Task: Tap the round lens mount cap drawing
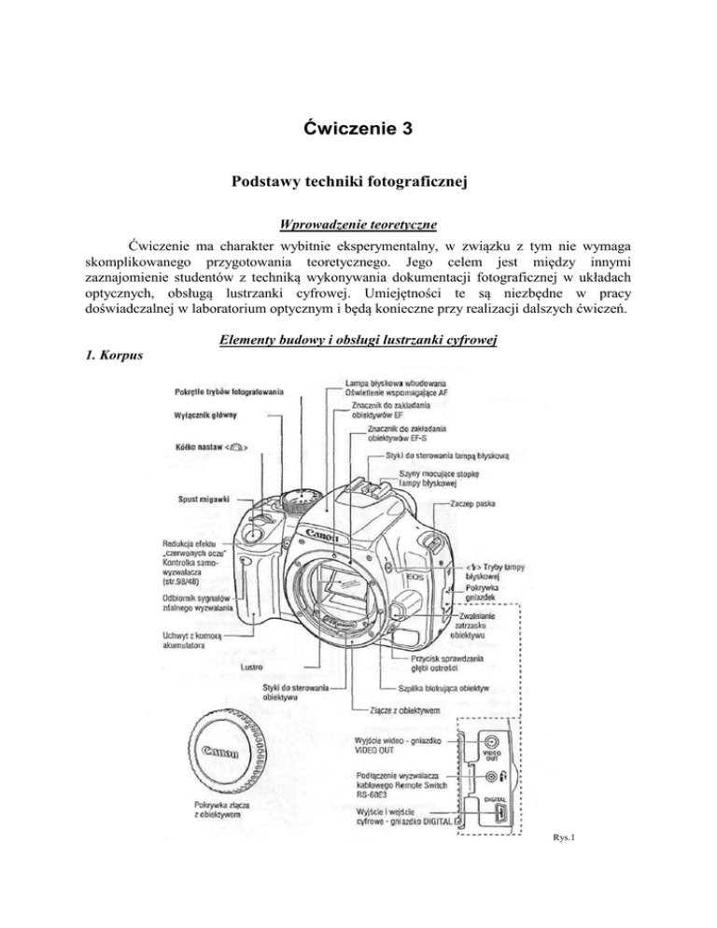tap(218, 757)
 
